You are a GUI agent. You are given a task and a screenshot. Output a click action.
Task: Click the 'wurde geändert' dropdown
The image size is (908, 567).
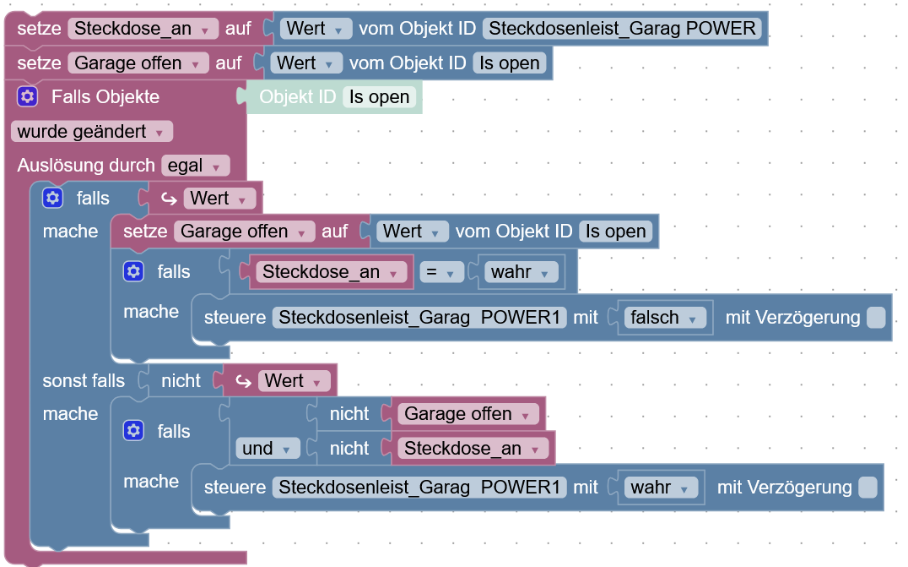[91, 132]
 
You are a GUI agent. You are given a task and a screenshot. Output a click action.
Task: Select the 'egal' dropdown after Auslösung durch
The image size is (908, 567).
[195, 166]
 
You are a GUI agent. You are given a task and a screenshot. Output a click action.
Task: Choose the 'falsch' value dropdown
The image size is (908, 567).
[666, 318]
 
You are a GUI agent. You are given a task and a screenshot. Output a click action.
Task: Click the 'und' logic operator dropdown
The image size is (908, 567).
[268, 449]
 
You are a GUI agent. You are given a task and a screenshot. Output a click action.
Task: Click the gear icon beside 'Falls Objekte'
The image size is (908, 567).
[27, 97]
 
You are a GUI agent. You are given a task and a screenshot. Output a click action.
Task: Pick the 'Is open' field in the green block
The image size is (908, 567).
[379, 97]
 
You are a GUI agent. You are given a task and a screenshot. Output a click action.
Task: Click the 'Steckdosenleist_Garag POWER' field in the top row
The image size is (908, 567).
[622, 29]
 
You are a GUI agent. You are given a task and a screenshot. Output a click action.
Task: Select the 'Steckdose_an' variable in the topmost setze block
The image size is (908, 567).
[143, 29]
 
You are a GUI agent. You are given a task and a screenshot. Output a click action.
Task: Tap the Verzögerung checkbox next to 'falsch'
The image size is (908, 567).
[876, 318]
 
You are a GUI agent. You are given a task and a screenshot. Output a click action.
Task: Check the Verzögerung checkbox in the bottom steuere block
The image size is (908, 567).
[867, 488]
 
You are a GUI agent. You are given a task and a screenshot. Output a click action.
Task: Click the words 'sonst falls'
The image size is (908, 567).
[84, 381]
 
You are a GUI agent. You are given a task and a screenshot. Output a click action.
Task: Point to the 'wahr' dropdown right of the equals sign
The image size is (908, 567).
[523, 272]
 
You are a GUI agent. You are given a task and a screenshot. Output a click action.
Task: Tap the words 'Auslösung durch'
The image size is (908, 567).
[85, 166]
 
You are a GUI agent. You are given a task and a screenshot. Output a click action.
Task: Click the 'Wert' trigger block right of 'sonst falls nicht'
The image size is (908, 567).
[294, 381]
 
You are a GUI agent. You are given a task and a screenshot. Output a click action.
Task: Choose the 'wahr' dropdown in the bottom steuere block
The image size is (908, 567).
[662, 488]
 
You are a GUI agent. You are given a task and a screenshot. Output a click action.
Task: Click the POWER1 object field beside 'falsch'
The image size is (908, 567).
[419, 318]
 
